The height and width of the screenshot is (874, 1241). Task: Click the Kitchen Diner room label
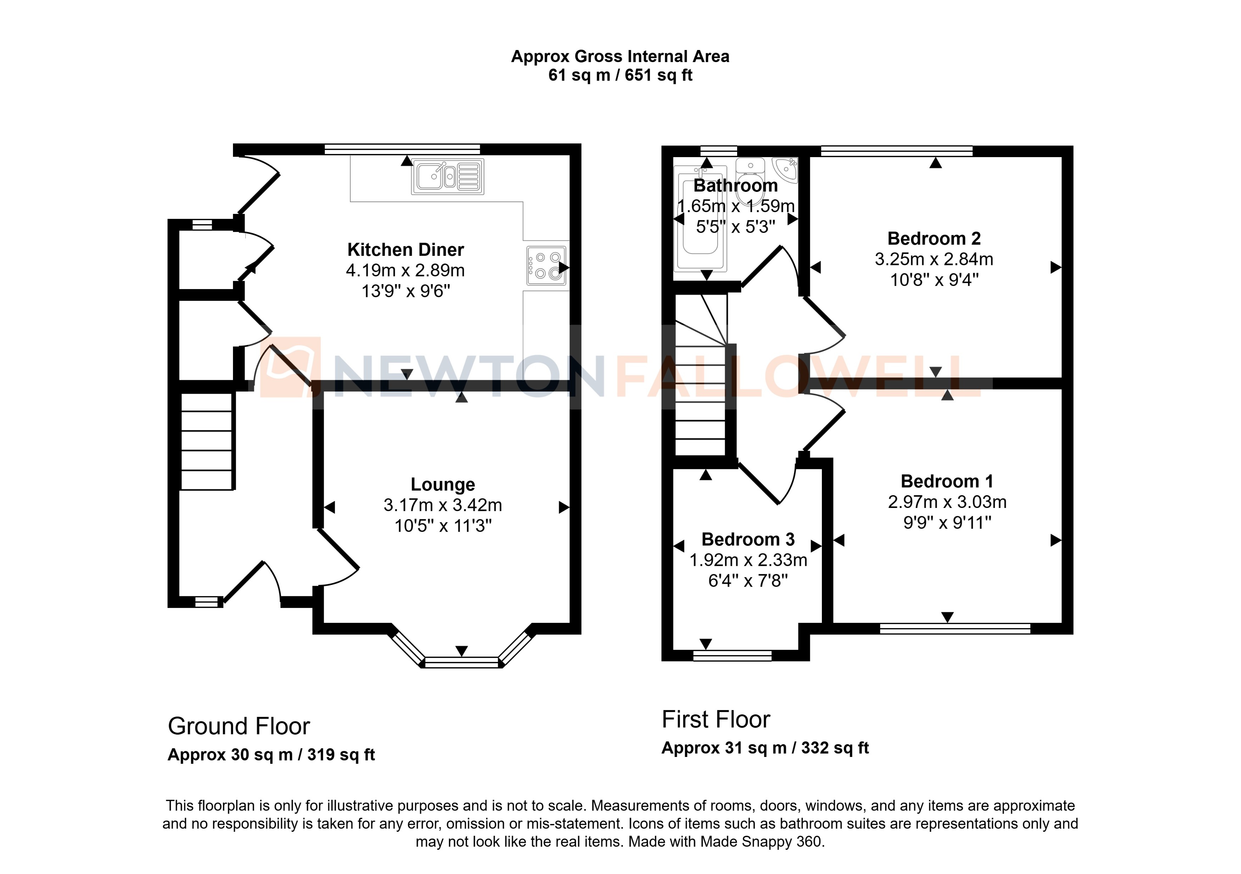pyautogui.click(x=405, y=250)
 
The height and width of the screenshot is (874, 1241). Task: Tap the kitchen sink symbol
pyautogui.click(x=447, y=176)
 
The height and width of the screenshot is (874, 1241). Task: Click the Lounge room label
pyautogui.click(x=443, y=485)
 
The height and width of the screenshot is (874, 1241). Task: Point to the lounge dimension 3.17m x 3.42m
pyautogui.click(x=443, y=505)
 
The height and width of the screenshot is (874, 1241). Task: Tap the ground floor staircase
pyautogui.click(x=206, y=441)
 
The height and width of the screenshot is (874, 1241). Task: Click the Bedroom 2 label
pyautogui.click(x=934, y=238)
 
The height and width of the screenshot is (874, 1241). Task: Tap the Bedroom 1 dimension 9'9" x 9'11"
pyautogui.click(x=947, y=523)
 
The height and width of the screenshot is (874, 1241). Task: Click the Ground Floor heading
pyautogui.click(x=239, y=726)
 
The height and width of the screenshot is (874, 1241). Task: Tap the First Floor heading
pyautogui.click(x=716, y=720)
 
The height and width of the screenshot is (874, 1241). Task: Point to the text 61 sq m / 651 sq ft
pyautogui.click(x=620, y=75)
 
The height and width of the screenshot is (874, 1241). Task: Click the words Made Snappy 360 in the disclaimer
pyautogui.click(x=761, y=842)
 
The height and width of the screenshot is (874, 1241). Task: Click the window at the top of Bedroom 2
pyautogui.click(x=896, y=151)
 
